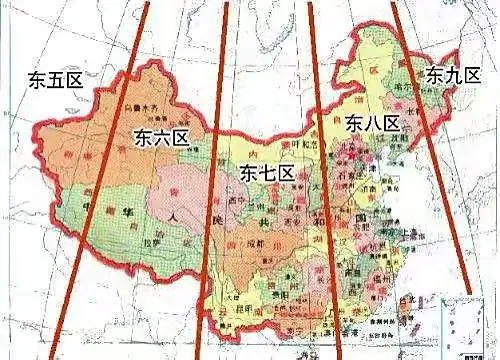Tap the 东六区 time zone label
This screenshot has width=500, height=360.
(x=159, y=137)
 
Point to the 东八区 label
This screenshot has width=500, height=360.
(x=373, y=124)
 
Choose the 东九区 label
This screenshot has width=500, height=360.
(x=453, y=75)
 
